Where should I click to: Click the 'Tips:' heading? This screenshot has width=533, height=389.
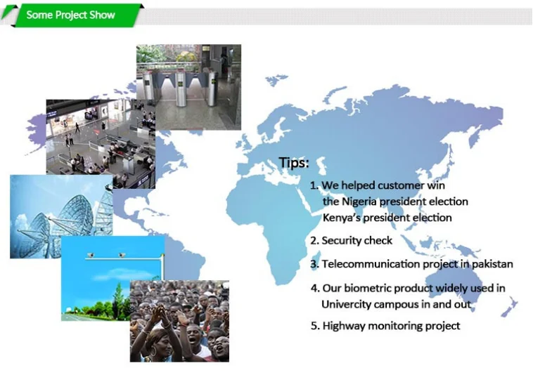(294, 162)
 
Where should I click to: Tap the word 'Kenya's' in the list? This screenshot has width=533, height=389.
(341, 217)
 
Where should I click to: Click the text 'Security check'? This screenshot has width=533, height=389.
(357, 240)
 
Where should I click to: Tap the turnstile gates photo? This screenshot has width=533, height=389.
(188, 87)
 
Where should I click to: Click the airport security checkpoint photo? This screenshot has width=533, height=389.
(101, 144)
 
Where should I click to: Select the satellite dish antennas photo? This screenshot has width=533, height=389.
(61, 216)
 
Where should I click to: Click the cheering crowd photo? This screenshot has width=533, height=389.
(179, 321)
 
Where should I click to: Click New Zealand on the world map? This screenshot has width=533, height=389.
(509, 307)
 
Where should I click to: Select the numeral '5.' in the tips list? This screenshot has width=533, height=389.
(315, 326)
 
